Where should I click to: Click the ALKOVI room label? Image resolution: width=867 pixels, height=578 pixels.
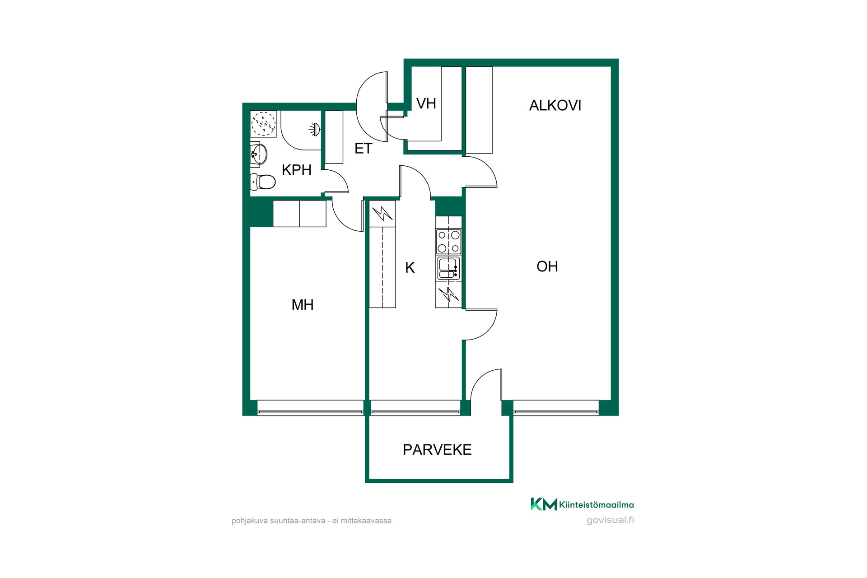555,105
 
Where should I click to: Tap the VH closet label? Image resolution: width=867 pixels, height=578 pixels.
426,103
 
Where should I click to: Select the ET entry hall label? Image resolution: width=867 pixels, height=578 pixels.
363,149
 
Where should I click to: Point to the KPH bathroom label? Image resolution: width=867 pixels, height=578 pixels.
296,170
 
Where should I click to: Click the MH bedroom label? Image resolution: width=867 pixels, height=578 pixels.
302,305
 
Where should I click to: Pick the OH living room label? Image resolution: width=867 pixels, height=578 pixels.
547,266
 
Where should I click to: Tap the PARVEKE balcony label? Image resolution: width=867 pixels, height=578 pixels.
437,450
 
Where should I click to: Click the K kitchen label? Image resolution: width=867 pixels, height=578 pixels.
410,268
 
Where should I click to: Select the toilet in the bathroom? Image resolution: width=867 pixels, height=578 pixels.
263,182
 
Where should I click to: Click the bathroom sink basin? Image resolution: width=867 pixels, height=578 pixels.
259,154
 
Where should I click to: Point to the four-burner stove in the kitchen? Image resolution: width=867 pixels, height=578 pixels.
448,242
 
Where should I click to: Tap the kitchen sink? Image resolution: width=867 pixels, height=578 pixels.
448,268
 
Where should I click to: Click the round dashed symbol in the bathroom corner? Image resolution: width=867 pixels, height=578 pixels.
263,123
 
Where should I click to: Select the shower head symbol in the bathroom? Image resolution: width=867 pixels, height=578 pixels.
315,130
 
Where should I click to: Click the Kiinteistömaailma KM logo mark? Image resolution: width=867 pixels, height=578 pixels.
544,504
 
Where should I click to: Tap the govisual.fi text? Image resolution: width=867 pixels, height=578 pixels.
610,520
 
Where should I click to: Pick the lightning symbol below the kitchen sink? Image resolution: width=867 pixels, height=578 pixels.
448,294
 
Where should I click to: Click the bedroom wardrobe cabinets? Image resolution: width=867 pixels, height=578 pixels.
299,214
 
